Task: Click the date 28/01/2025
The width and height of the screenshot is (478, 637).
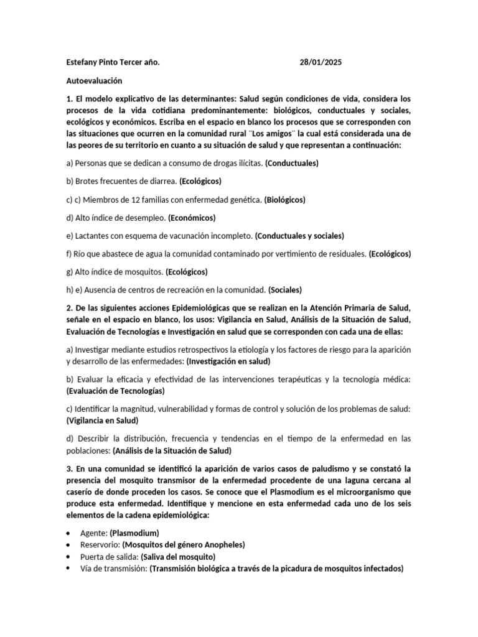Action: click(x=321, y=63)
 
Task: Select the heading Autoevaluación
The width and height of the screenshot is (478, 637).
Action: click(x=94, y=81)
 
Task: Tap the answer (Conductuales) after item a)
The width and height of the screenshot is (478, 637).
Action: click(x=291, y=164)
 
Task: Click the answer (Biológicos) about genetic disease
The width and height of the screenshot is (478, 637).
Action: click(x=284, y=200)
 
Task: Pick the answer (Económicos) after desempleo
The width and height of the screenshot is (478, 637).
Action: click(x=192, y=218)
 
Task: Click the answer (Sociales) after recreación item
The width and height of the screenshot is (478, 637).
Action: click(x=285, y=290)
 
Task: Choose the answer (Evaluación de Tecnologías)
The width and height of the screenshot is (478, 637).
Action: click(x=115, y=391)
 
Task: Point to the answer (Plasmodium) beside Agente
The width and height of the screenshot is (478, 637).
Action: click(x=134, y=533)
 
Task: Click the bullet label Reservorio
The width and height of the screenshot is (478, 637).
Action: click(x=100, y=544)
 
